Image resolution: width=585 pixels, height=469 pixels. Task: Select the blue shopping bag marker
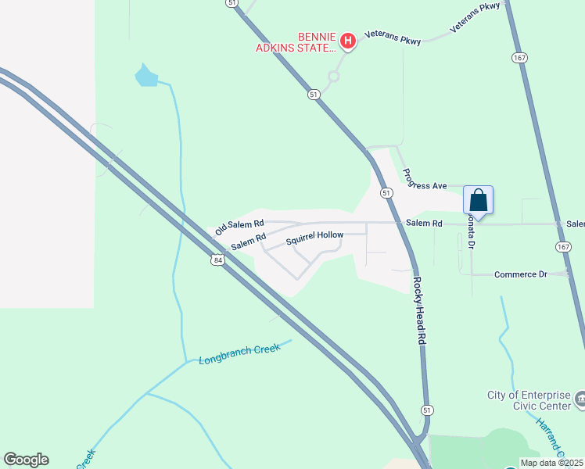[478, 200]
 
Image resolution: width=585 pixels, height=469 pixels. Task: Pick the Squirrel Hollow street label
[314, 237]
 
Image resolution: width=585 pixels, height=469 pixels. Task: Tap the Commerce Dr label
[520, 274]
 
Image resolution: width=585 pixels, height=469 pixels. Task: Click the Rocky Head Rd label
[418, 310]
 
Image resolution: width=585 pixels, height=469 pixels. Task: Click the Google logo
[26, 460]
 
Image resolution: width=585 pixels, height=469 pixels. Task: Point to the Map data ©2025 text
[551, 463]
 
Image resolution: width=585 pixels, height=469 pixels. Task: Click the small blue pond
[146, 76]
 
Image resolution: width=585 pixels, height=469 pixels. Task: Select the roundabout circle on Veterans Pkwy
[334, 77]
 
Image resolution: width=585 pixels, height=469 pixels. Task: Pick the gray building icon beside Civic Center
[580, 400]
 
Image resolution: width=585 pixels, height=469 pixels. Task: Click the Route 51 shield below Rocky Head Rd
[426, 410]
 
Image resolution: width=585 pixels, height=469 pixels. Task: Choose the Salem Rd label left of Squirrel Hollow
[249, 242]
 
